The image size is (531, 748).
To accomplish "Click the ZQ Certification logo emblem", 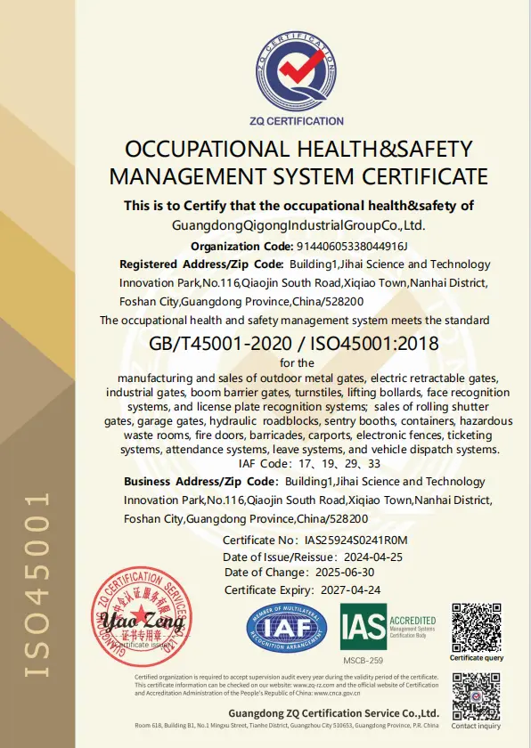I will click(298, 72).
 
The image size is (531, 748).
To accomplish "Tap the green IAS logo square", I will click(364, 627).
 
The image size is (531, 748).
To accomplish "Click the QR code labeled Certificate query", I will click(476, 627).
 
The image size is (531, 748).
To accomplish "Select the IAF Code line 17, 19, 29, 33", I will click(309, 463).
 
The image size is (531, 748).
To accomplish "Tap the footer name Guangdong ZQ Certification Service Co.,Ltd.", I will click(333, 713).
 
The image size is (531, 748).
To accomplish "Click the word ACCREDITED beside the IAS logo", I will click(413, 620).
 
